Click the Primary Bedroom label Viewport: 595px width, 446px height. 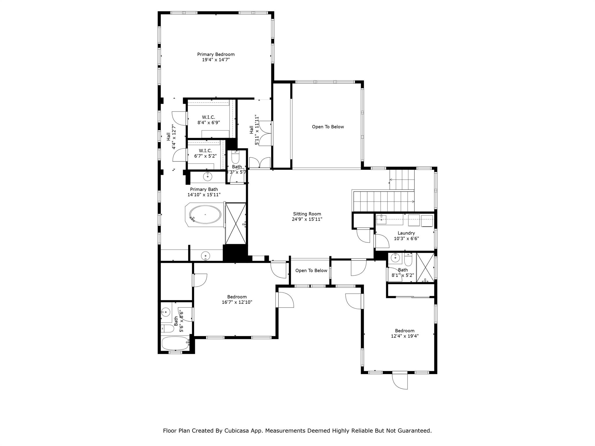(216, 54)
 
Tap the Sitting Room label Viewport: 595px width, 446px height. (307, 214)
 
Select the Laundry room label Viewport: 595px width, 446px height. (406, 233)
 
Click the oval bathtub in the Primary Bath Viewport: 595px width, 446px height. (205, 215)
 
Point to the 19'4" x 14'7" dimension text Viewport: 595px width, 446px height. (216, 60)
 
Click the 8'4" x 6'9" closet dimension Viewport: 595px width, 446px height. (209, 123)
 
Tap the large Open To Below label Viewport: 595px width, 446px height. (328, 127)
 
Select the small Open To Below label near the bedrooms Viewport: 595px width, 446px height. (311, 271)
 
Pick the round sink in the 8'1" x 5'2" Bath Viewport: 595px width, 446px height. (395, 258)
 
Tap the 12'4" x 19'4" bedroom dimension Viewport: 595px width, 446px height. (405, 336)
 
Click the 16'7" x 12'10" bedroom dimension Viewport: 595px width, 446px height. (237, 302)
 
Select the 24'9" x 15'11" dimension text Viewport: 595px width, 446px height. (307, 220)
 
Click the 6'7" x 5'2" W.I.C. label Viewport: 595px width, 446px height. (205, 154)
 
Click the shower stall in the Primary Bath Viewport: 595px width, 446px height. (236, 224)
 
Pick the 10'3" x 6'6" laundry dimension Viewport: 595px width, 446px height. (406, 239)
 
